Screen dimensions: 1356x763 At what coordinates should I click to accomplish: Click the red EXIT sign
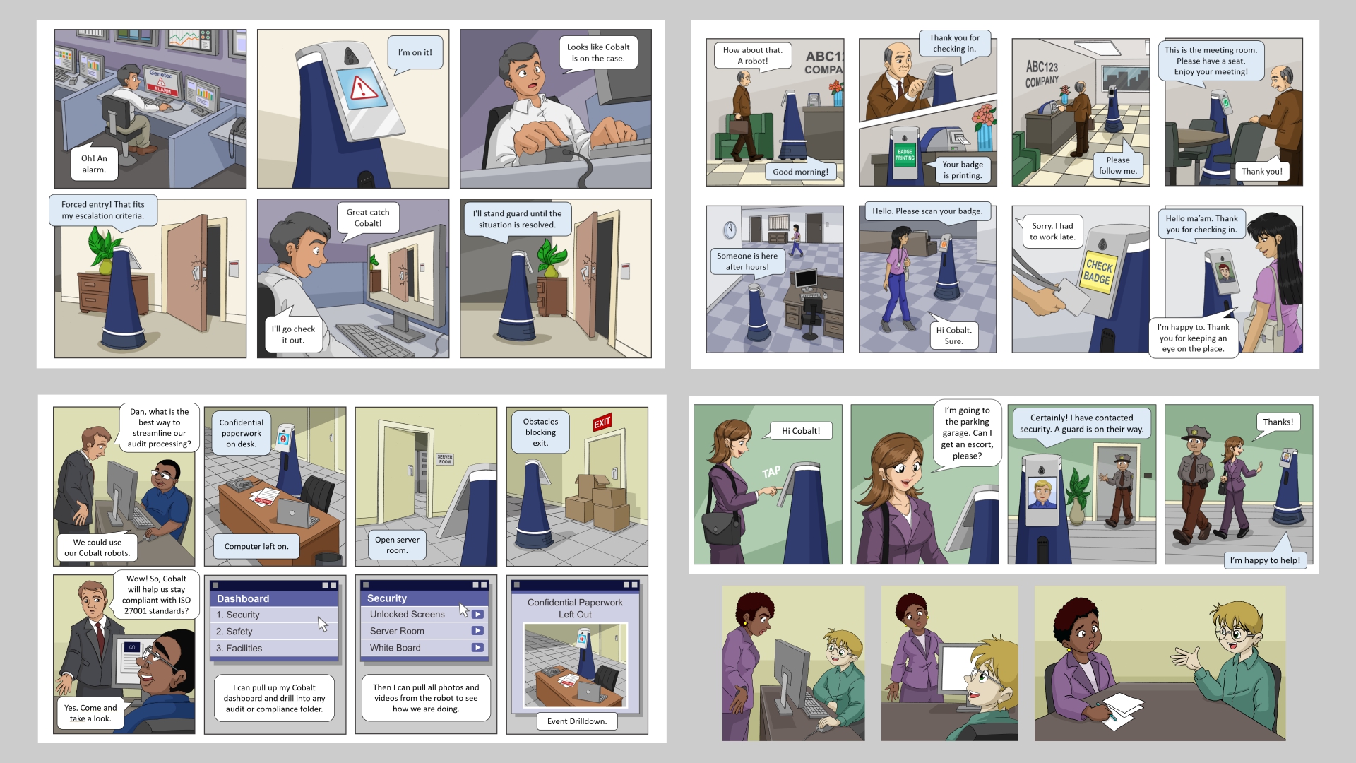coord(602,422)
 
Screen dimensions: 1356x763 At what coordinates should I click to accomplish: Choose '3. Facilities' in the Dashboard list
coord(274,649)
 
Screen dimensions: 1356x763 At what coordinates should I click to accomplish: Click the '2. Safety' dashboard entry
coord(274,632)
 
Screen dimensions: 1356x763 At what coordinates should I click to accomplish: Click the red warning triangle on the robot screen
coord(364,88)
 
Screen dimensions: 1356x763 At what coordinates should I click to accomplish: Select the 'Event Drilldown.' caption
coord(577,721)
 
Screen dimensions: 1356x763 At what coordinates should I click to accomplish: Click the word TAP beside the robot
coord(771,472)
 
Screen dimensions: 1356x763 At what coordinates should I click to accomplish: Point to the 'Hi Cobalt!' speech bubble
coord(801,431)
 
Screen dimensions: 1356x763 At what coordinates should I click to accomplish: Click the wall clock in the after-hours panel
coord(730,230)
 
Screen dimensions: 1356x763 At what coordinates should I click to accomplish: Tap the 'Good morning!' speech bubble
coord(800,171)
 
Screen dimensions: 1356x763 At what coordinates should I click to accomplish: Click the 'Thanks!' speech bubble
coord(1278,423)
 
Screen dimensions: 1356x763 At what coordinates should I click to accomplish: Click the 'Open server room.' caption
coord(397,545)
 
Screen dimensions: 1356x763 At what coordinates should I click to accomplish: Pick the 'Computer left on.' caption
coord(256,546)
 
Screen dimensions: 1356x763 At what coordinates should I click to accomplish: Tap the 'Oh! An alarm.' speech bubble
coord(94,164)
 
